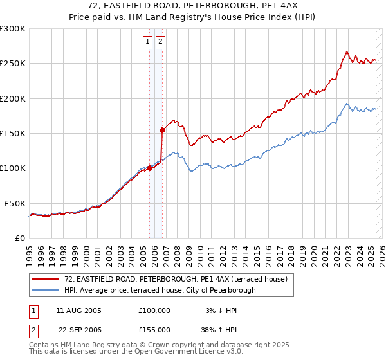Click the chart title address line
tap(192, 6)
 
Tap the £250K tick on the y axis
tap(14, 64)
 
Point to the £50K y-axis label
tap(15, 203)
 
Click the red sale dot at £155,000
tap(163, 130)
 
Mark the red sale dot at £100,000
tap(150, 168)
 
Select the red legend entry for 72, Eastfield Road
tap(179, 279)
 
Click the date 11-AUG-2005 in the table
tap(78, 310)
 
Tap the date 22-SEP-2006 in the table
tap(78, 329)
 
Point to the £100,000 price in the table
tap(154, 310)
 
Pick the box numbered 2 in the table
tap(32, 329)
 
